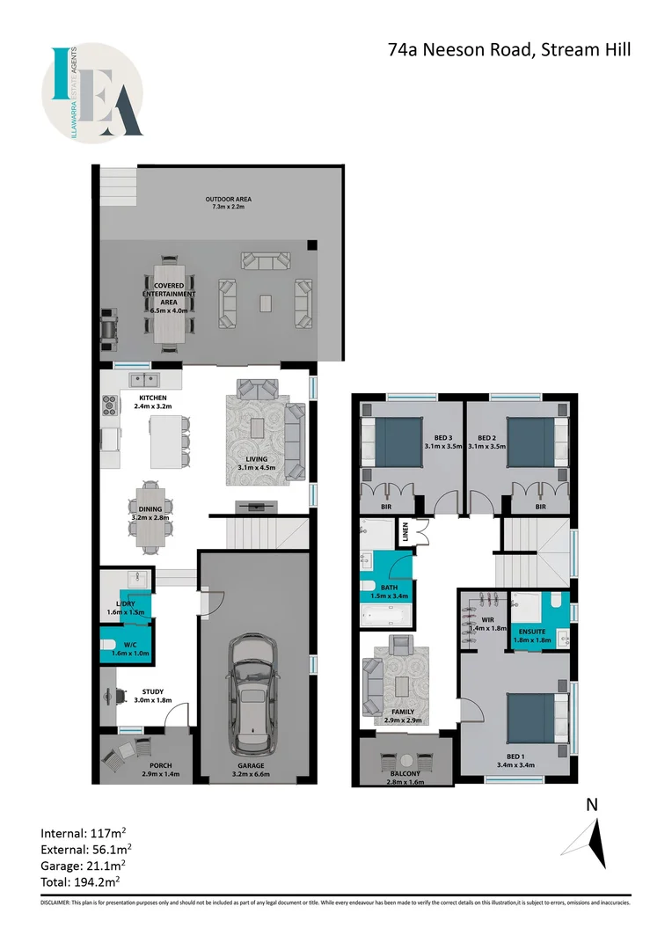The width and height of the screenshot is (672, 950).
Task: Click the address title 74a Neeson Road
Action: point(509,49)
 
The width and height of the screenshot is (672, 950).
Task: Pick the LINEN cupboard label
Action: point(407,530)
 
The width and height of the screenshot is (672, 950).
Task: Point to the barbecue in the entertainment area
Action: point(108,325)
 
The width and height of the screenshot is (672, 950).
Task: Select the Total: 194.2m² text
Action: point(80,881)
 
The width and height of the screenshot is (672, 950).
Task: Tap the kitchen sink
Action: point(142,380)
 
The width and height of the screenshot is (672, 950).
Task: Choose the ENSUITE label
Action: point(531,633)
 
